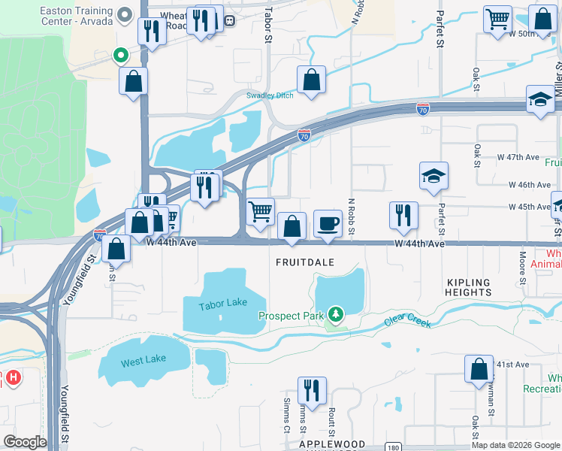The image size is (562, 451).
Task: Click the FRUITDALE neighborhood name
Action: click(304, 263)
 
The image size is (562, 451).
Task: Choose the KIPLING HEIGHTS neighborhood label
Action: click(468, 289)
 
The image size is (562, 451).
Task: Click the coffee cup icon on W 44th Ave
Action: click(328, 223)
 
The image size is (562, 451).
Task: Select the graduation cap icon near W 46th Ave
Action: click(434, 176)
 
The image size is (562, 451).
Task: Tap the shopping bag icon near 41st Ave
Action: click(479, 370)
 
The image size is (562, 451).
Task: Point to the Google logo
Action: click(25, 441)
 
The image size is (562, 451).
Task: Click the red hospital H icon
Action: click(11, 377)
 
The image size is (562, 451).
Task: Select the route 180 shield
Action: click(393, 446)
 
